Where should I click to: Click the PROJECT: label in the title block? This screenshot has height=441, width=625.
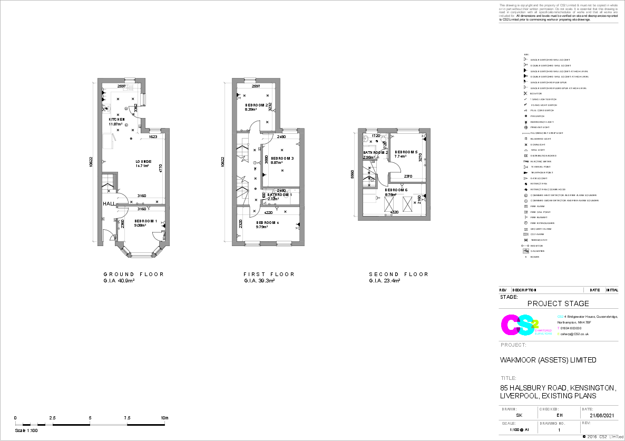click(513, 345)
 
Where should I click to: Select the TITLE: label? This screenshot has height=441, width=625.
click(509, 378)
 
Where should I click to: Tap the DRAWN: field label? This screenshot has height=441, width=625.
click(509, 409)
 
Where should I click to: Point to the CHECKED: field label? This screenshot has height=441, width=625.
click(549, 409)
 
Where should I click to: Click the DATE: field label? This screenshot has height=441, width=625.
click(588, 409)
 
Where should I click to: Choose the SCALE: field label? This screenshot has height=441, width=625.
click(509, 423)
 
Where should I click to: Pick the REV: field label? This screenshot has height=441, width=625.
click(586, 423)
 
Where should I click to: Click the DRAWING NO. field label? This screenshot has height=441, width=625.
click(552, 423)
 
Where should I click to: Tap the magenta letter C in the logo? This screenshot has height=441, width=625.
click(510, 325)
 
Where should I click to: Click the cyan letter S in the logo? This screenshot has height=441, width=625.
click(526, 326)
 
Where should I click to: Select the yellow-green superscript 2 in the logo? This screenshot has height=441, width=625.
click(536, 322)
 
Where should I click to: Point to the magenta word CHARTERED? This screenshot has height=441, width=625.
click(543, 330)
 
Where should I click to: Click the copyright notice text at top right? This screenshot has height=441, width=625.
click(558, 11)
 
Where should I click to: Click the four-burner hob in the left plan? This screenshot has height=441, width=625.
click(106, 109)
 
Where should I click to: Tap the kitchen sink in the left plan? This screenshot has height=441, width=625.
click(128, 87)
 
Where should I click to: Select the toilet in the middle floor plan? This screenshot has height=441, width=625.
click(286, 195)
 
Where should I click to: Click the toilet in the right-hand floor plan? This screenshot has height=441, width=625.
click(383, 139)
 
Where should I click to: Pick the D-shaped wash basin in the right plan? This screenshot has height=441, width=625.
click(366, 139)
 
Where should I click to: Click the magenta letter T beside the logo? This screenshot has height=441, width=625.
click(559, 328)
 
